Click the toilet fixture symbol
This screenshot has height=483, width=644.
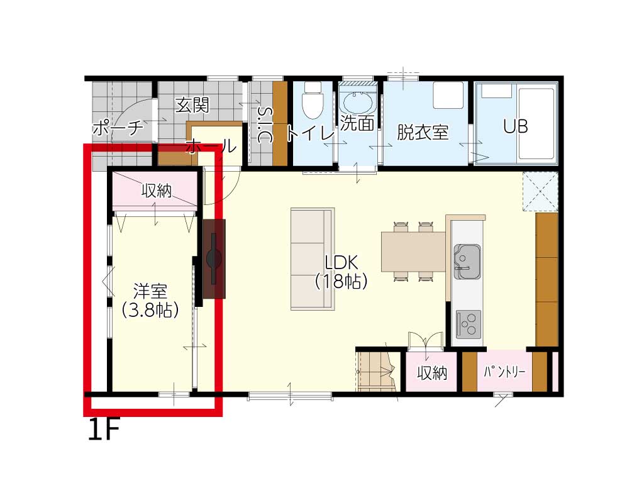click(313, 100)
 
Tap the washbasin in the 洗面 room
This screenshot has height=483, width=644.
click(358, 101)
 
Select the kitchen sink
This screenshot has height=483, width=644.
click(467, 262)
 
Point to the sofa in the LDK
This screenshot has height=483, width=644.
click(313, 258)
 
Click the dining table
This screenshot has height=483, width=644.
click(414, 252)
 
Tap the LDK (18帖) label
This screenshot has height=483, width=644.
click(341, 272)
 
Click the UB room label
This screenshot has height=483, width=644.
click(516, 126)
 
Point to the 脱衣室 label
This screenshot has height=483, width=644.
click(422, 132)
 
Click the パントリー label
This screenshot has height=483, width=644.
click(504, 372)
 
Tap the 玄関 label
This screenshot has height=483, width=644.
click(192, 105)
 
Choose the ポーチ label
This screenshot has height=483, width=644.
click(118, 128)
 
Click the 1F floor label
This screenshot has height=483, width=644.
click(104, 430)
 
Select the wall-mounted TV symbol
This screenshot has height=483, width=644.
click(214, 258)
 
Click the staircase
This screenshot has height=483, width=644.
click(376, 371)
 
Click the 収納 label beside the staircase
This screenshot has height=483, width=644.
click(431, 373)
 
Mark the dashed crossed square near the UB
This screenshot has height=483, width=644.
click(540, 192)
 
